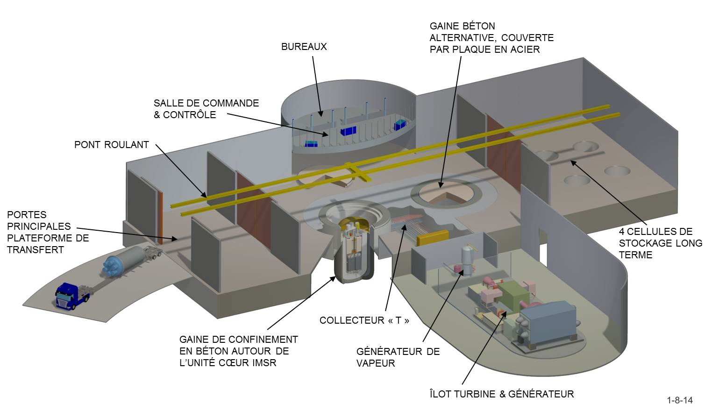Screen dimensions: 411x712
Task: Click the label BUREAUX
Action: (304, 47)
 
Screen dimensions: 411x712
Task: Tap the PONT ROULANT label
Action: (111, 145)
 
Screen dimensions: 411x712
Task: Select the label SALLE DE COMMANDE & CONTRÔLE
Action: (206, 109)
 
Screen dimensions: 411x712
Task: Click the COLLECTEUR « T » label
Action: (364, 320)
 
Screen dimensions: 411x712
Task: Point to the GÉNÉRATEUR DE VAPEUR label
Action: (398, 357)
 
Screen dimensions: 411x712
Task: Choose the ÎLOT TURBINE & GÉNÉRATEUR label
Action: (501, 394)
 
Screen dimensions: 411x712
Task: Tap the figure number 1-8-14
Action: (680, 400)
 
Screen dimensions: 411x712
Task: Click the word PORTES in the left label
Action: (27, 215)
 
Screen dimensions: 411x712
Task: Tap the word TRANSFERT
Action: (35, 250)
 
